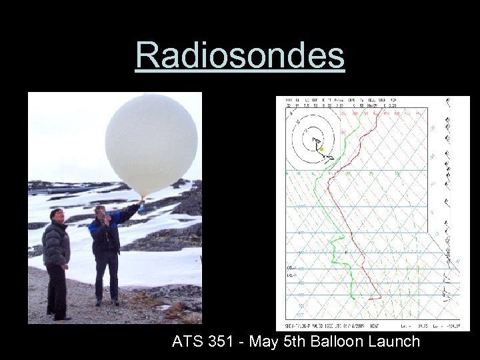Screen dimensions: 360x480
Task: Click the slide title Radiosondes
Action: click(240, 55)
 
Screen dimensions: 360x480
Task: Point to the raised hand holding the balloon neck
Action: click(141, 201)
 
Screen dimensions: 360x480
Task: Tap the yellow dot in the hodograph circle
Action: click(321, 149)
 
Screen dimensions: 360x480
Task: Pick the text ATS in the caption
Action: click(187, 342)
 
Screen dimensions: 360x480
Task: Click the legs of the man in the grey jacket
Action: click(57, 290)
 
